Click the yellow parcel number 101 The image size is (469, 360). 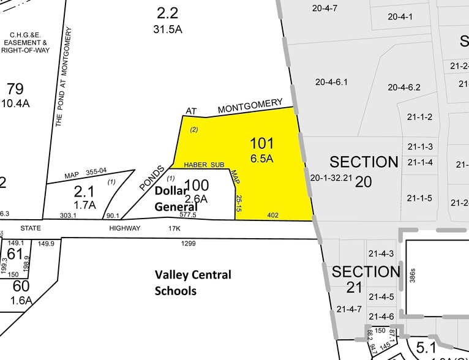261,144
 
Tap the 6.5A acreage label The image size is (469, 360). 261,159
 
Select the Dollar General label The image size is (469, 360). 176,198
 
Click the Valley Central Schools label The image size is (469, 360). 193,282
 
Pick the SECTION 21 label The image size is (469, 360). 365,279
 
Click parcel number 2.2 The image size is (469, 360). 167,13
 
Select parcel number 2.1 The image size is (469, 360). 85,191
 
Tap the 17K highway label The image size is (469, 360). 174,228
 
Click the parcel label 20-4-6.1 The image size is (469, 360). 331,82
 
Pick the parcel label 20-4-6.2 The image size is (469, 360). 404,87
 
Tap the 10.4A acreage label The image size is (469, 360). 15,103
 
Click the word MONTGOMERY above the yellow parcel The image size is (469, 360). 250,106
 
